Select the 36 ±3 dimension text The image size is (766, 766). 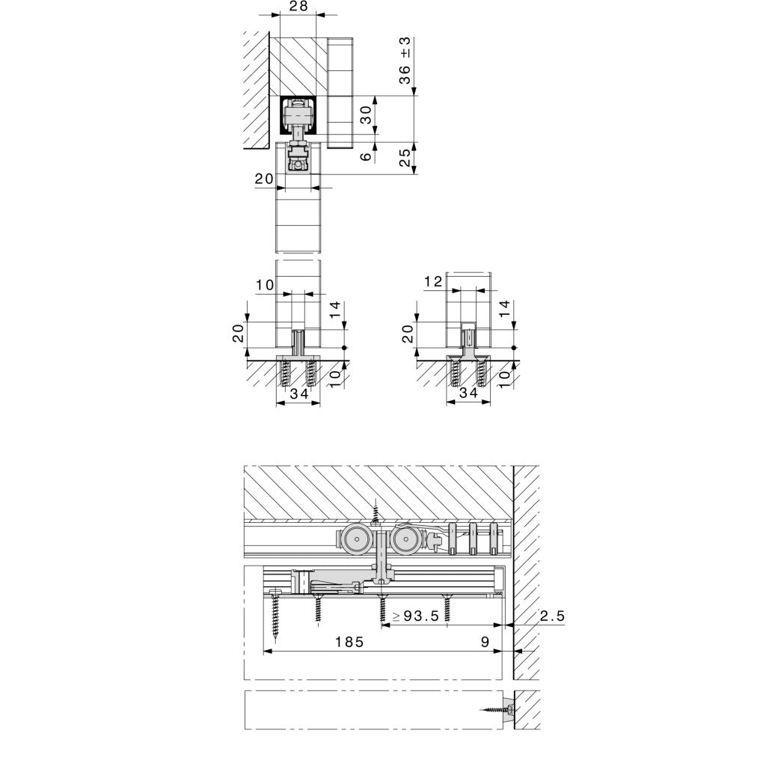pyautogui.click(x=405, y=60)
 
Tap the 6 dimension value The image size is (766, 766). pyautogui.click(x=365, y=156)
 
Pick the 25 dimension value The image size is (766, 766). pyautogui.click(x=405, y=157)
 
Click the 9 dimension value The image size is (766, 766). pyautogui.click(x=485, y=642)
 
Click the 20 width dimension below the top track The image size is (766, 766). pyautogui.click(x=263, y=179)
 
